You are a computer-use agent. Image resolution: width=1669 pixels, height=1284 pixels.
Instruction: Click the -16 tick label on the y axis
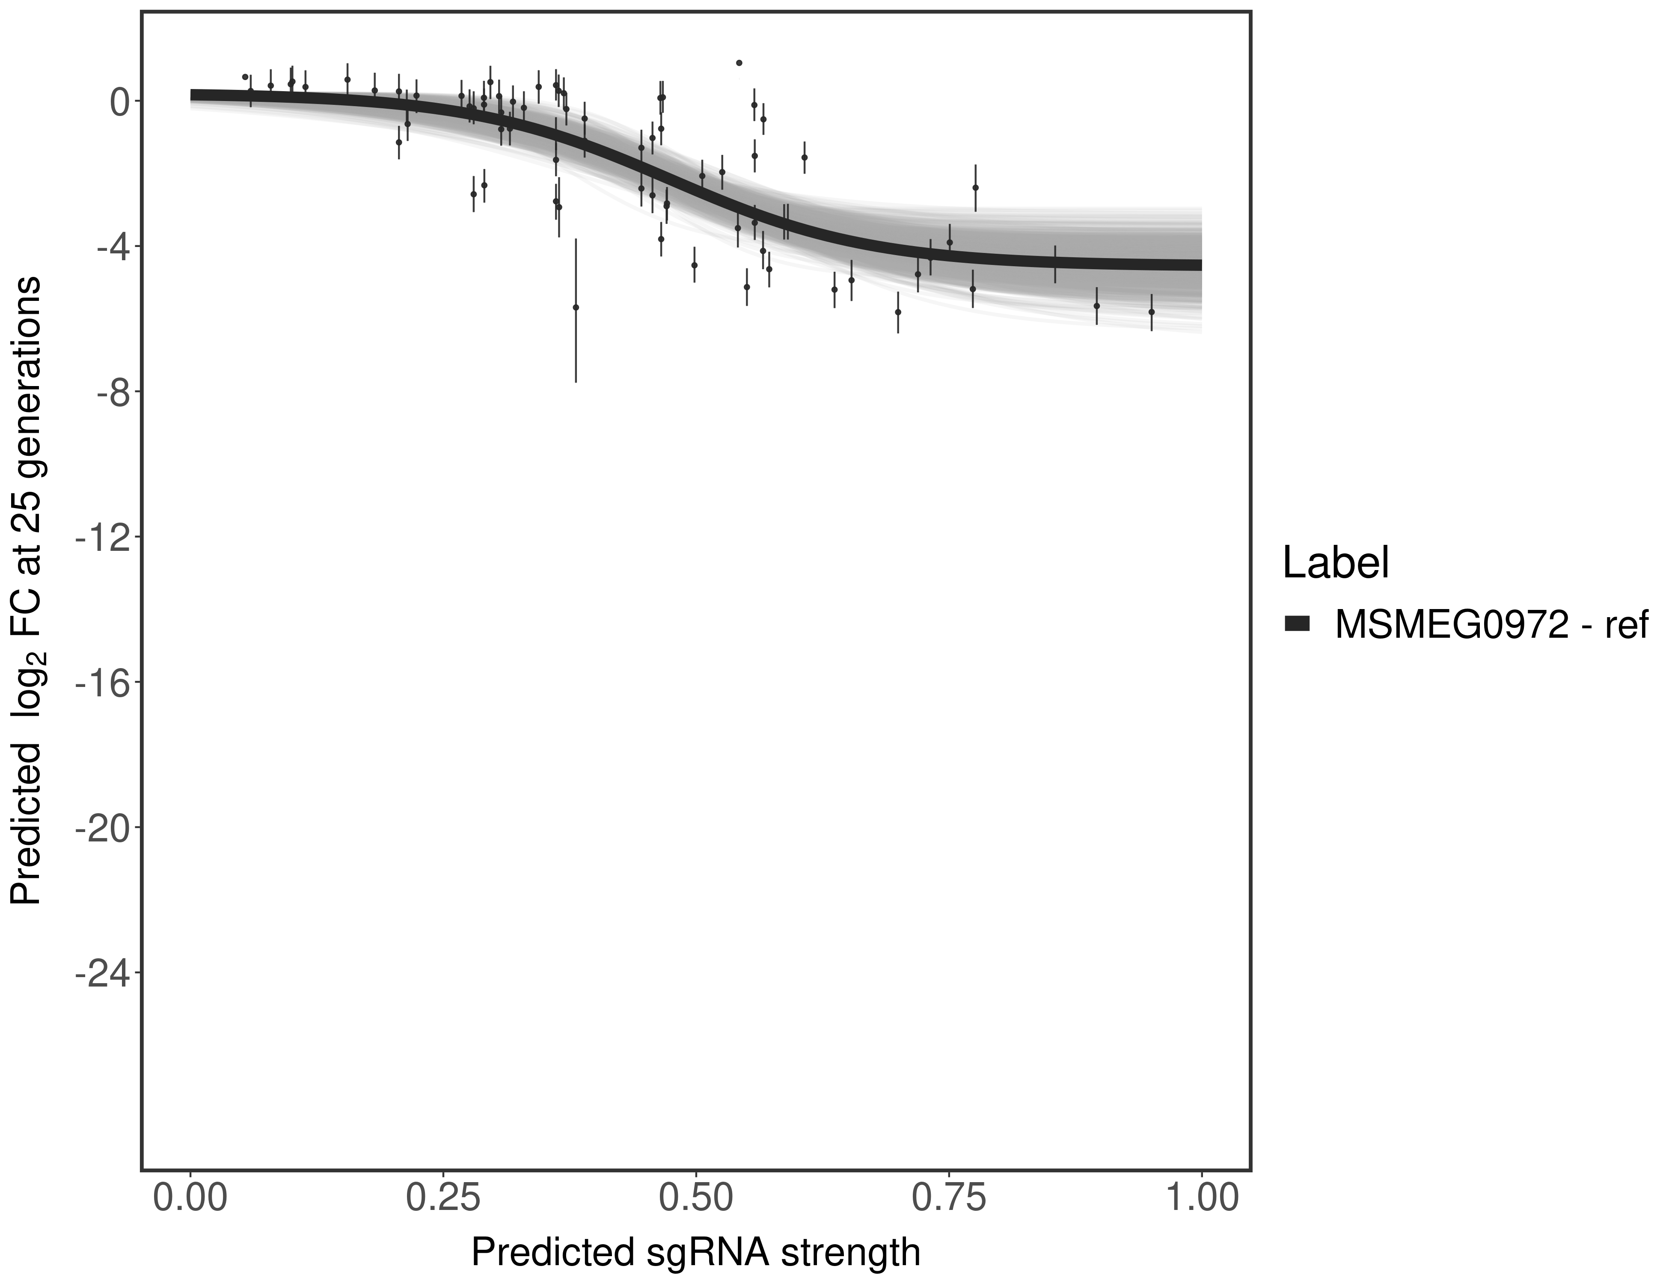click(x=101, y=683)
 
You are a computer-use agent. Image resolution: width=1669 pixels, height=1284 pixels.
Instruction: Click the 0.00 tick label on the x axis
click(x=190, y=1196)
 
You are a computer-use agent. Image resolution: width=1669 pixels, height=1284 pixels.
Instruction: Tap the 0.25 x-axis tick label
click(x=442, y=1196)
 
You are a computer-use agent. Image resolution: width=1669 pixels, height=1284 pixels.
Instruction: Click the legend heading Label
click(x=1335, y=563)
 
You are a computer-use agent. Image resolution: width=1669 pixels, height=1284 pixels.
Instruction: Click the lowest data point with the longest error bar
click(x=576, y=307)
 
